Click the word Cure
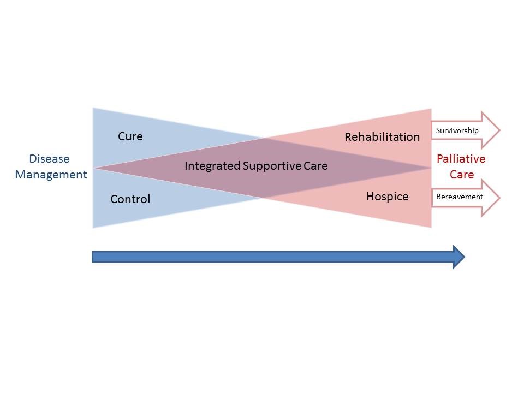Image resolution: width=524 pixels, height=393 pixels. click(130, 136)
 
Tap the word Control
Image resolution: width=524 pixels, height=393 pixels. click(130, 199)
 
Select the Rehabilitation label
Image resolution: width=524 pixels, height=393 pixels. click(382, 136)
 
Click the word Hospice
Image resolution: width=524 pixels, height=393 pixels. click(388, 196)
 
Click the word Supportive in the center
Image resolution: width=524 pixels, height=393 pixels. click(272, 166)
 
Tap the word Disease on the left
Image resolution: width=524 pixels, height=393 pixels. click(50, 159)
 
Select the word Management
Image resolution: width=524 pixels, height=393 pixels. click(51, 175)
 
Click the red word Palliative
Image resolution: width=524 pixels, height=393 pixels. click(461, 159)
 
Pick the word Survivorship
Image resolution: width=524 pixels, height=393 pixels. click(457, 130)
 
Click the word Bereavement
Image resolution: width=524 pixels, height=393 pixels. click(460, 196)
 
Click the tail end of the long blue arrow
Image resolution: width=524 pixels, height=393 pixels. click(92, 257)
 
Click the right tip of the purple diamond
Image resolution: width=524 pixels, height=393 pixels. click(430, 168)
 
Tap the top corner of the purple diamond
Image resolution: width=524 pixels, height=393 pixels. click(264, 138)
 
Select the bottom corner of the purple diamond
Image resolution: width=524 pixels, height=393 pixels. click(263, 198)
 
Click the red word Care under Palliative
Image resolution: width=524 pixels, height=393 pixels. click(462, 175)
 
